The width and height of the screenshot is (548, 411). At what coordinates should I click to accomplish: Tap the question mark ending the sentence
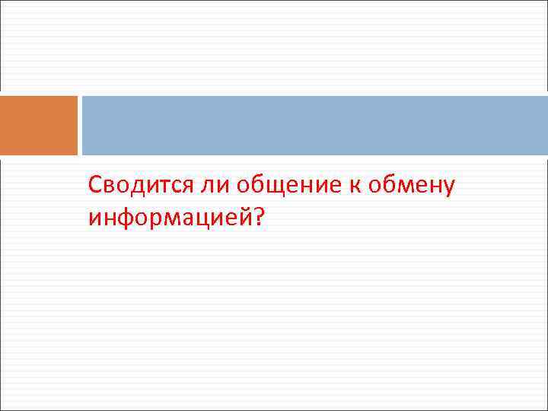(x=260, y=218)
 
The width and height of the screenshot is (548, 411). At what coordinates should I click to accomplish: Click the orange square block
(x=39, y=126)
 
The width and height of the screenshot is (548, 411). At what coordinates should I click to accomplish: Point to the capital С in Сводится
(x=95, y=185)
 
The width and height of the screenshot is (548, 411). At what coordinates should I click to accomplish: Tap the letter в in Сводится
(x=108, y=186)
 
